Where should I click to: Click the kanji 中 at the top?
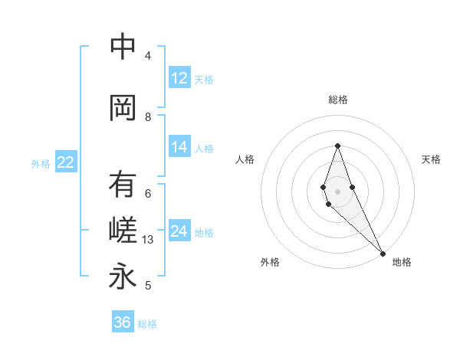[x=123, y=47]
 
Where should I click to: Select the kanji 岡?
[x=123, y=108]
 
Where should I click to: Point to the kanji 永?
[x=123, y=277]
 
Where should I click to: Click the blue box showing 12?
[x=179, y=78]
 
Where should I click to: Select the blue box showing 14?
[x=179, y=147]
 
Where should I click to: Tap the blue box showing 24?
[x=179, y=231]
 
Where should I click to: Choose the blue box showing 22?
[x=66, y=162]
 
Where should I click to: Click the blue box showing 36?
[x=123, y=322]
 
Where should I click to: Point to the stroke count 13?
[x=149, y=240]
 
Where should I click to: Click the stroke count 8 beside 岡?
[x=148, y=116]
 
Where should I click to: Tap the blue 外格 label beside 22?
[x=41, y=163]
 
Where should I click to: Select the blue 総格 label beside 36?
[x=147, y=324]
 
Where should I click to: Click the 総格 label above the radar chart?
[x=337, y=100]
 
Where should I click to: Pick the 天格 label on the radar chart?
[x=432, y=159]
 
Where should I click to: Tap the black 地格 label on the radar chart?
[x=402, y=262]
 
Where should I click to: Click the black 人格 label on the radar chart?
[x=245, y=159]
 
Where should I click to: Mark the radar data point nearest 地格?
[x=382, y=253]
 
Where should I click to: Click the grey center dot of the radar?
[x=337, y=191]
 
